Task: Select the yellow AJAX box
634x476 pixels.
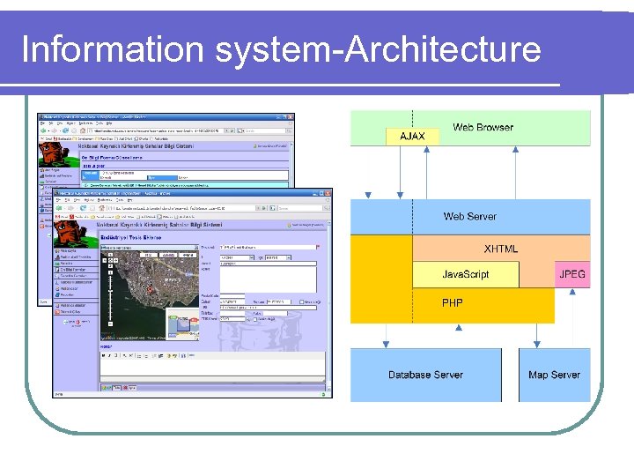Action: (412, 137)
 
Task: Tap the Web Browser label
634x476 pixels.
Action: (483, 128)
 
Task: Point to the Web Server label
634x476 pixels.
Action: (469, 216)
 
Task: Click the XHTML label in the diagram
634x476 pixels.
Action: (501, 249)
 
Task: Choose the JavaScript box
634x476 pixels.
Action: (465, 274)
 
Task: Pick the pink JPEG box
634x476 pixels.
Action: (572, 274)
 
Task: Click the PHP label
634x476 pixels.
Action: (453, 303)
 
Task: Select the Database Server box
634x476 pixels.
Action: (425, 375)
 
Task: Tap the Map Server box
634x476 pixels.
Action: (554, 375)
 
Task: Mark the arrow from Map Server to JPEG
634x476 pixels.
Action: (573, 317)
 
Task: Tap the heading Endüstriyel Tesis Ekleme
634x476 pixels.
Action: (129, 237)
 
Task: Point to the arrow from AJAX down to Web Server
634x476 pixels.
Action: (412, 172)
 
